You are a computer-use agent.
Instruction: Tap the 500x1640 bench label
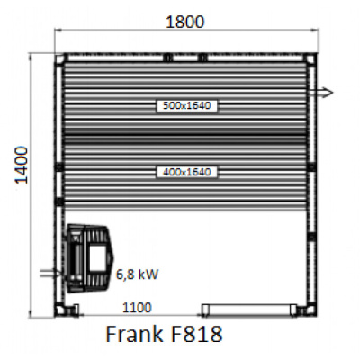pyautogui.click(x=186, y=105)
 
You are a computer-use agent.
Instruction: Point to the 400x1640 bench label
pyautogui.click(x=186, y=170)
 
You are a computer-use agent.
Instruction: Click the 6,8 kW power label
pyautogui.click(x=132, y=270)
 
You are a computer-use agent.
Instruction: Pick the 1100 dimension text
pyautogui.click(x=136, y=308)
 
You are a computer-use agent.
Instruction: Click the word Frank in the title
pyautogui.click(x=137, y=337)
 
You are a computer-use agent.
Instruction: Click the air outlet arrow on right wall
pyautogui.click(x=322, y=92)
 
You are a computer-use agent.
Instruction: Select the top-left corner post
pyautogui.click(x=61, y=59)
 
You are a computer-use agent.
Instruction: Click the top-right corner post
pyautogui.click(x=311, y=59)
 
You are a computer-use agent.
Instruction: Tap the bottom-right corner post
pyautogui.click(x=311, y=309)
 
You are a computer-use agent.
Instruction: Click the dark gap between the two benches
pyautogui.click(x=186, y=139)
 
